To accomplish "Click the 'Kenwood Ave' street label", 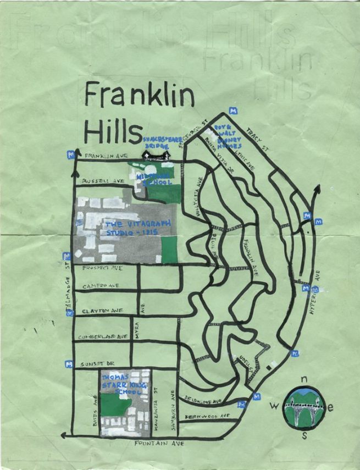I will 207,417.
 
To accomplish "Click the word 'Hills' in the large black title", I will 110,132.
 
